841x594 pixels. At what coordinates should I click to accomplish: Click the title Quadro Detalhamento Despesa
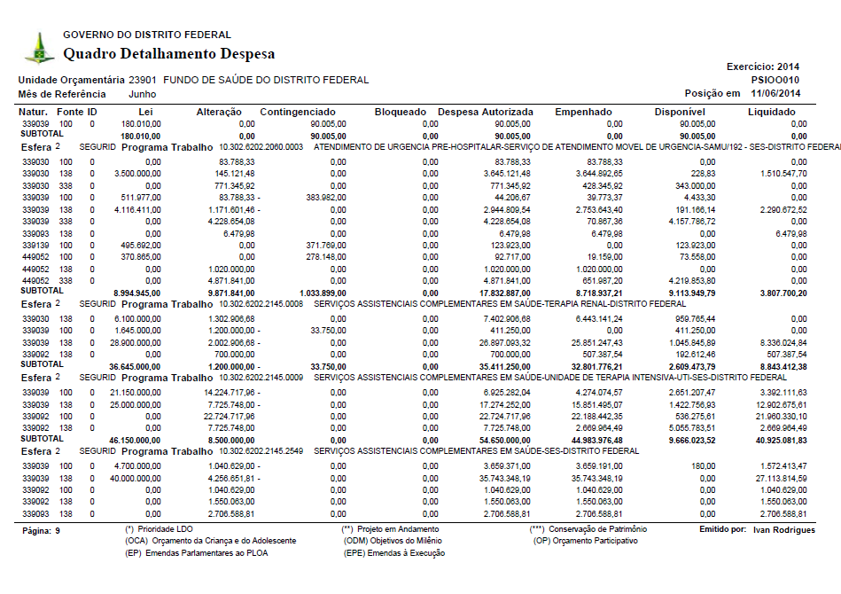pyautogui.click(x=168, y=54)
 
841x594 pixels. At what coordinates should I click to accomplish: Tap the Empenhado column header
pyautogui.click(x=583, y=112)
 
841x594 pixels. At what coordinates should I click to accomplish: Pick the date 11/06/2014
pyautogui.click(x=775, y=93)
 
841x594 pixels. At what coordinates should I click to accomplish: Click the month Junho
pyautogui.click(x=143, y=93)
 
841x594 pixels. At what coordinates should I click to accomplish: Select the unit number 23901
pyautogui.click(x=143, y=80)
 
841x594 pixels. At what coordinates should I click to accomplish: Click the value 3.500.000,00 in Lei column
pyautogui.click(x=137, y=174)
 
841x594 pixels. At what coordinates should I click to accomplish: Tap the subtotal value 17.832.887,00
pyautogui.click(x=500, y=292)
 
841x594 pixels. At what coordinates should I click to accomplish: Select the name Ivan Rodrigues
pyautogui.click(x=784, y=529)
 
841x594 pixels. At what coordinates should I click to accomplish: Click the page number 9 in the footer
pyautogui.click(x=58, y=530)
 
